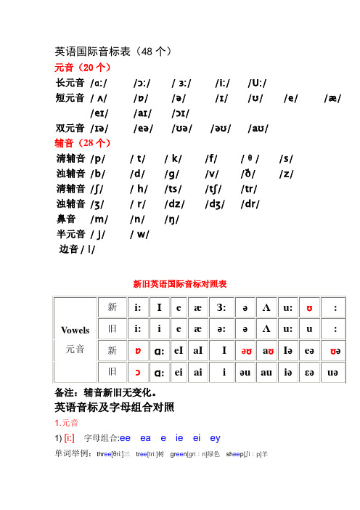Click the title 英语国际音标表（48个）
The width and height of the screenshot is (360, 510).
tap(113, 52)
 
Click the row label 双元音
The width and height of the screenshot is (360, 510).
tap(70, 128)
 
